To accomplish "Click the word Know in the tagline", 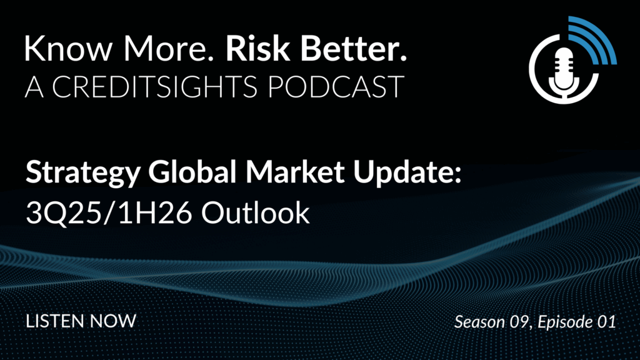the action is [x=68, y=48].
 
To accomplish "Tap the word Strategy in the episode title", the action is [x=83, y=173].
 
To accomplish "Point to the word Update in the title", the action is [x=407, y=173].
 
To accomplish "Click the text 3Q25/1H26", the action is [x=109, y=212].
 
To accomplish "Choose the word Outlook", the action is [x=256, y=212].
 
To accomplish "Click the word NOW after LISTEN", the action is [x=113, y=321].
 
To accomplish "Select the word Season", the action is [x=479, y=322].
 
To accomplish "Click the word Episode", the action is [x=565, y=322].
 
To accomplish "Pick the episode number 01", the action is [x=606, y=322].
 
